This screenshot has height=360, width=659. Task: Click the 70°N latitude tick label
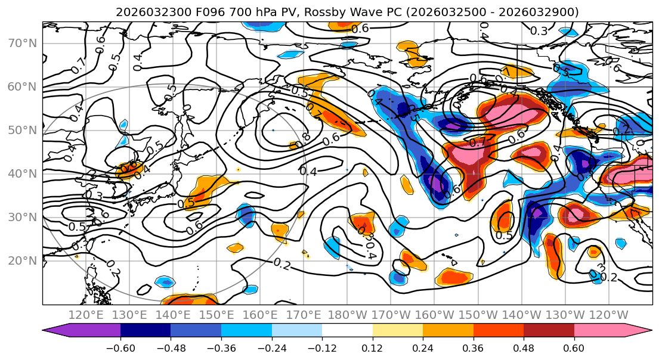(21, 43)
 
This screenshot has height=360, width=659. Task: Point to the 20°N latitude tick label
(21, 260)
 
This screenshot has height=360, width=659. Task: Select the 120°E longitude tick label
(86, 315)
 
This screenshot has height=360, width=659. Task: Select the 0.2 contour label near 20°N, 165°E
(283, 263)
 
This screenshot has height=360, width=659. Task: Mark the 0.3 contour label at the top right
(539, 31)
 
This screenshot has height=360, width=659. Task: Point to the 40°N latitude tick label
(21, 173)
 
